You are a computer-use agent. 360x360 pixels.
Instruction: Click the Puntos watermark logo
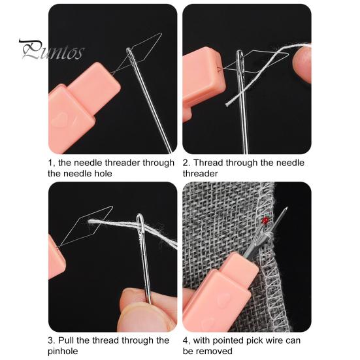52,50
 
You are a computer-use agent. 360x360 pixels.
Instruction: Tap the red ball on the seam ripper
266,221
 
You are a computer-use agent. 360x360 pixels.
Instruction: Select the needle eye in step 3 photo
140,223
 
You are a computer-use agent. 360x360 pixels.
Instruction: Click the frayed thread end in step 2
228,104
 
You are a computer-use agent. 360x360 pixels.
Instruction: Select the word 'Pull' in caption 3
66,340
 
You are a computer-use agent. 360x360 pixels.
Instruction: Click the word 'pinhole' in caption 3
63,352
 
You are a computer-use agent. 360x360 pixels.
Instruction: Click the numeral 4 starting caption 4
186,340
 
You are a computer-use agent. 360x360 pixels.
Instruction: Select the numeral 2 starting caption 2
186,163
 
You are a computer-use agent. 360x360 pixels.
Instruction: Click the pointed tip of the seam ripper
287,208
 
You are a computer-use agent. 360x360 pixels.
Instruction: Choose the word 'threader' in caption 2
200,174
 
